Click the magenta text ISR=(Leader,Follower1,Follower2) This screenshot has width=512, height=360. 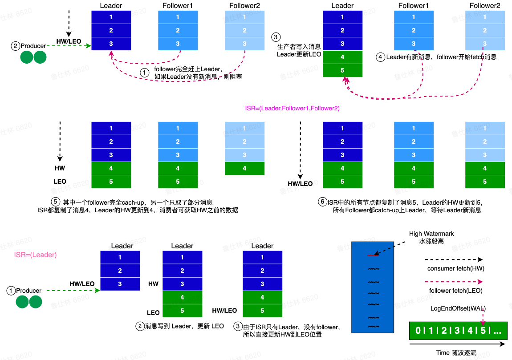pyautogui.click(x=292, y=108)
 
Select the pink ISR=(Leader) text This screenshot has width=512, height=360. pyautogui.click(x=36, y=255)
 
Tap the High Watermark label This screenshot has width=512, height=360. pyautogui.click(x=431, y=234)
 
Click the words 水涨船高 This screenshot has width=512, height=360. pyautogui.click(x=431, y=241)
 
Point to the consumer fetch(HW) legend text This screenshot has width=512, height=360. pyautogui.click(x=455, y=268)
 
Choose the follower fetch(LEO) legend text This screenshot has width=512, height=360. pyautogui.click(x=455, y=291)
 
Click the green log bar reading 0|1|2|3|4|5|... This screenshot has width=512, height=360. pyautogui.click(x=458, y=331)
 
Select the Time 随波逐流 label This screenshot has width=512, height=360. pyautogui.click(x=456, y=353)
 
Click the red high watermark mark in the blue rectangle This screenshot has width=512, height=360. pyautogui.click(x=373, y=256)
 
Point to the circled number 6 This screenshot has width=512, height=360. pyautogui.click(x=322, y=202)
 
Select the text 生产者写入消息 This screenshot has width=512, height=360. pyautogui.click(x=299, y=46)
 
